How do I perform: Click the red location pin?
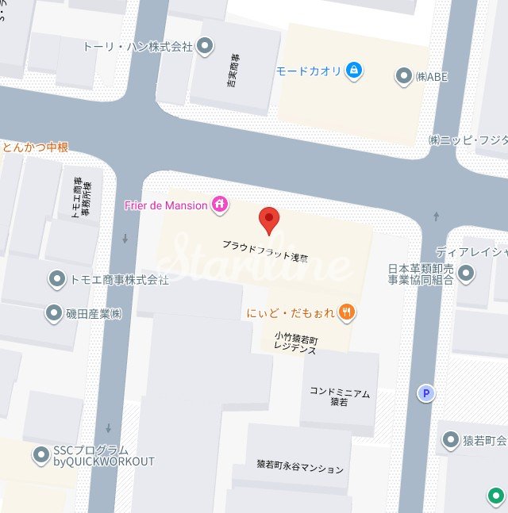(270, 220)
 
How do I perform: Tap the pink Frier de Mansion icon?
(221, 205)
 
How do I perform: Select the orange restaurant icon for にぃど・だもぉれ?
(346, 312)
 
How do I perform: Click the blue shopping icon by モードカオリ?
(354, 71)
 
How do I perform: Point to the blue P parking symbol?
(427, 393)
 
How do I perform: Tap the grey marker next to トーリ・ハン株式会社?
(206, 47)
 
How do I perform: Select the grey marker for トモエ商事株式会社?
(57, 279)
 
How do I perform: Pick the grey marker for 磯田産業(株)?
(54, 312)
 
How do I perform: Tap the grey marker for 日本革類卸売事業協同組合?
(467, 274)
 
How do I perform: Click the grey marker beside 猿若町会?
(451, 440)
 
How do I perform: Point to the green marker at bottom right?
(496, 497)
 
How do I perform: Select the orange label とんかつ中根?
(35, 147)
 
